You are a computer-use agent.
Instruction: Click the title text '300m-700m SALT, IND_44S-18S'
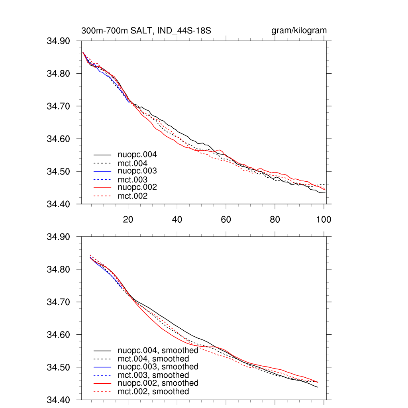click(x=146, y=31)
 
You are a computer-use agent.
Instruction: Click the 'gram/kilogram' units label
click(x=299, y=31)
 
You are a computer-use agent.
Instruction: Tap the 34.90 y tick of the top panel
click(x=59, y=41)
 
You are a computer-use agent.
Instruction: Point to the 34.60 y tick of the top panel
click(x=59, y=139)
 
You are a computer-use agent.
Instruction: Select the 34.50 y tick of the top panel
click(x=59, y=172)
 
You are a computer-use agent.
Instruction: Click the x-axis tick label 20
click(x=128, y=219)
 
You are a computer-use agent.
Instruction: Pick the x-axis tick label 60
click(x=226, y=219)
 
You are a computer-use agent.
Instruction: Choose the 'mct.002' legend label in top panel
click(x=133, y=196)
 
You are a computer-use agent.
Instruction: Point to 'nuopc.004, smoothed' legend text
click(x=158, y=351)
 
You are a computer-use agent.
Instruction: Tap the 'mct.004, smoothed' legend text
click(x=153, y=359)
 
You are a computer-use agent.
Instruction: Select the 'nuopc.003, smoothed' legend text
click(x=158, y=367)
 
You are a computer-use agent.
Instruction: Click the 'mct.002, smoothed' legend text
click(x=153, y=392)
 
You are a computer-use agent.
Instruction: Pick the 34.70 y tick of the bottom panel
click(x=59, y=302)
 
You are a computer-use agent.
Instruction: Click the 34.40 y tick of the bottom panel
click(x=59, y=400)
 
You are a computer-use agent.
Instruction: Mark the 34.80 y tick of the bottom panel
click(x=59, y=269)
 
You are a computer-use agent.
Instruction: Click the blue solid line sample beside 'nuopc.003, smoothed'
click(x=102, y=367)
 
